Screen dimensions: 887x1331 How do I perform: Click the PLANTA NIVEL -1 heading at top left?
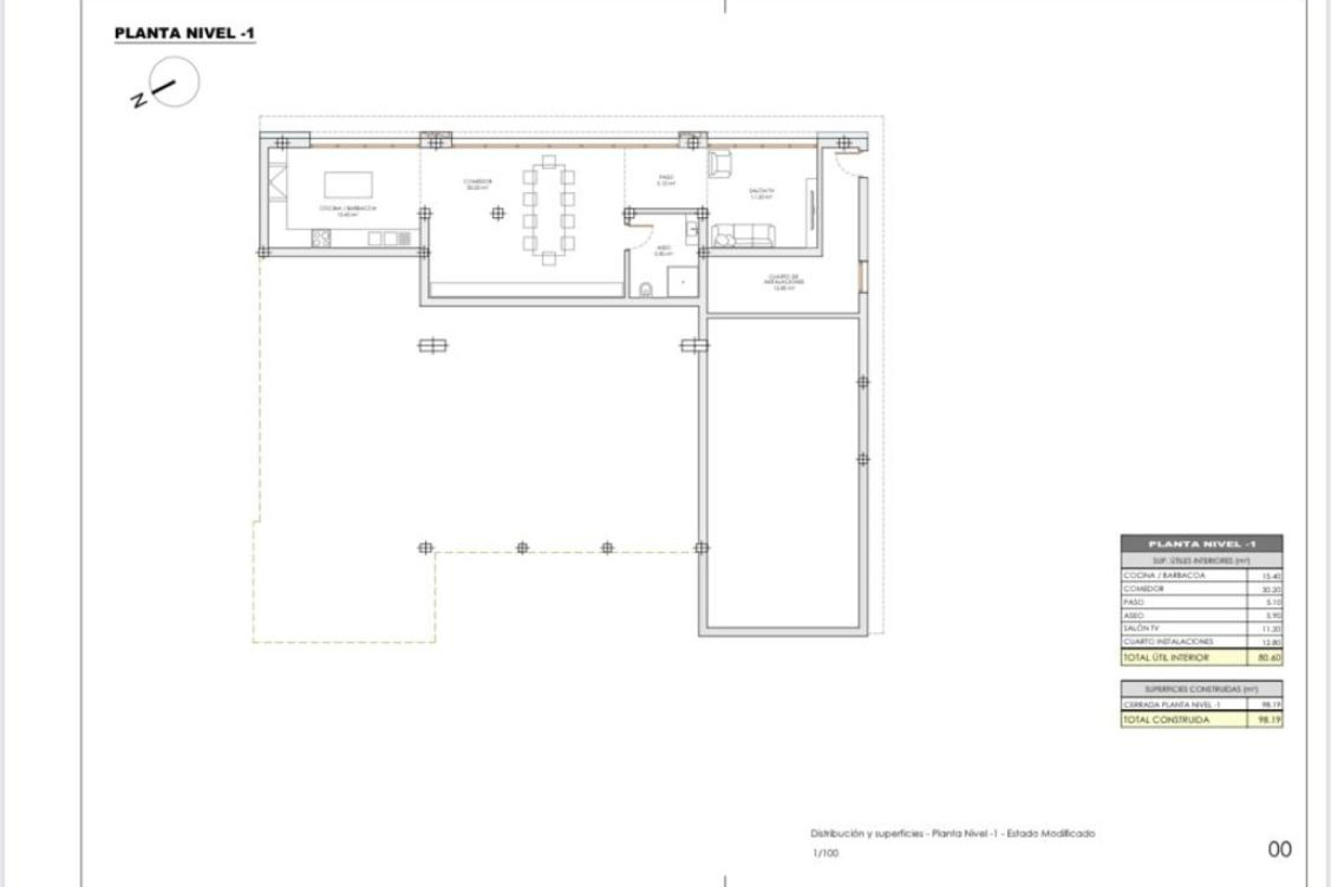pyautogui.click(x=184, y=33)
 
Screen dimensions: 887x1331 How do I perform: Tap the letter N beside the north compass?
pyautogui.click(x=139, y=100)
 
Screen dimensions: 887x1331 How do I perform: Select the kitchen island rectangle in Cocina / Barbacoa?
pyautogui.click(x=348, y=185)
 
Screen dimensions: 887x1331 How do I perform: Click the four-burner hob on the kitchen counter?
pyautogui.click(x=321, y=238)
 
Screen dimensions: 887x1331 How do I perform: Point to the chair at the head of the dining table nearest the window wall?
pyautogui.click(x=549, y=162)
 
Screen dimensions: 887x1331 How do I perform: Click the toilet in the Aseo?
pyautogui.click(x=645, y=289)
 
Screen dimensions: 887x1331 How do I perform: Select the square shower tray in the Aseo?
pyautogui.click(x=682, y=281)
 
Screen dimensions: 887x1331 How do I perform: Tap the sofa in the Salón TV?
pyautogui.click(x=744, y=236)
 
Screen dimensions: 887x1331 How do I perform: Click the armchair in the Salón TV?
pyautogui.click(x=720, y=164)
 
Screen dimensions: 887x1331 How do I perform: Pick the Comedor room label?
pyautogui.click(x=478, y=184)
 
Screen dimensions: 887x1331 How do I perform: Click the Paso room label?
pyautogui.click(x=665, y=180)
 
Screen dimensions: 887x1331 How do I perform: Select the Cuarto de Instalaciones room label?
pyautogui.click(x=784, y=281)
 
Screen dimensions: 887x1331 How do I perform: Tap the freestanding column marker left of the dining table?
pyautogui.click(x=498, y=213)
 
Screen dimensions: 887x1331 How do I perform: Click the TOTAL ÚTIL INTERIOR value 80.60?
pyautogui.click(x=1269, y=658)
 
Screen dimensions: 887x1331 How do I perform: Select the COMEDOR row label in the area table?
pyautogui.click(x=1144, y=589)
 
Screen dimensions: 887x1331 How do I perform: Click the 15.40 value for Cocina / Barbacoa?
pyautogui.click(x=1271, y=576)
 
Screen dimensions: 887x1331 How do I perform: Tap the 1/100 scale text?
pyautogui.click(x=826, y=853)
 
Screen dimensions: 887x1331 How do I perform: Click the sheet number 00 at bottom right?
pyautogui.click(x=1280, y=850)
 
